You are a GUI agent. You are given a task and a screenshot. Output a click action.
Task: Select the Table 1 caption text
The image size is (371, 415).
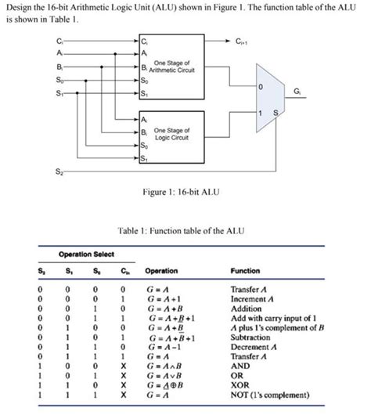[185, 230]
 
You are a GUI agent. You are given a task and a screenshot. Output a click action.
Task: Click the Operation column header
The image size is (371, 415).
[162, 270]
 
